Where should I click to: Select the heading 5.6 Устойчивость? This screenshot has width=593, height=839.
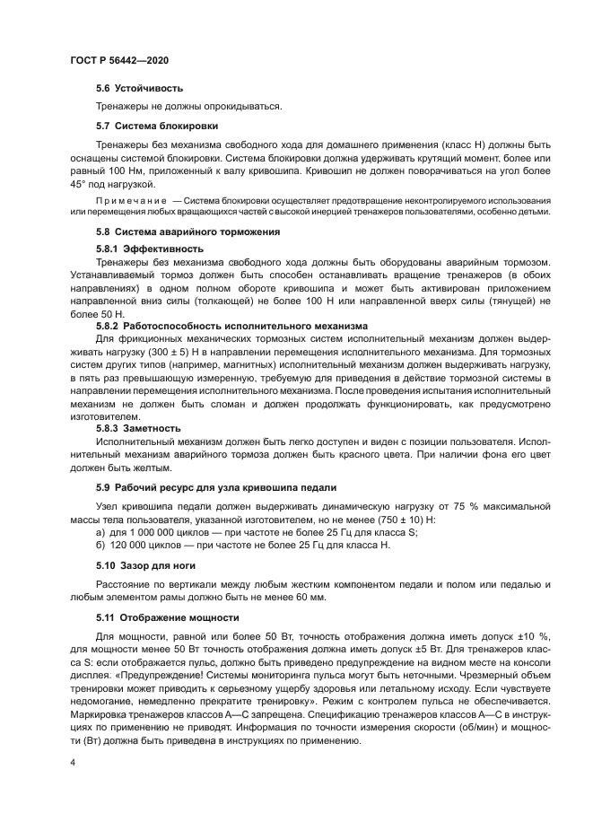pos(139,88)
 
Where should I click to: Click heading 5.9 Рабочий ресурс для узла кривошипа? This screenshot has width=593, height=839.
pos(216,486)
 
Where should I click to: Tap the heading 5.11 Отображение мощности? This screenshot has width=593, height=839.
pos(161,617)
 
